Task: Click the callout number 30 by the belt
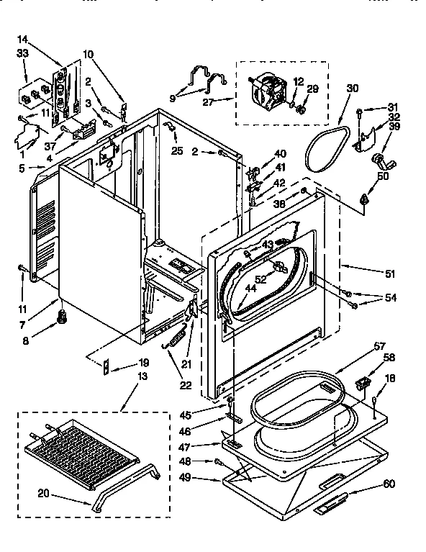351,89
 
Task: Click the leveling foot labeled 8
63,315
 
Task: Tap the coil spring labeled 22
177,337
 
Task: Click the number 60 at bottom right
389,484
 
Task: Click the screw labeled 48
217,461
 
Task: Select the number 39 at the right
395,127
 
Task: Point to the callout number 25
177,150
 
